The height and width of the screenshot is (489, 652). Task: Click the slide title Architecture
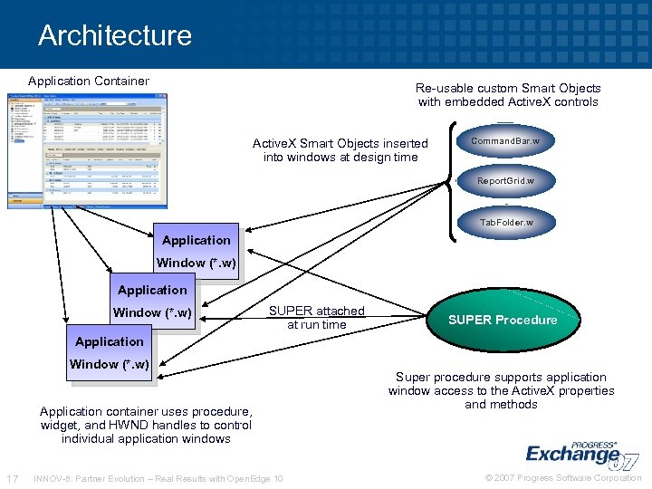115,35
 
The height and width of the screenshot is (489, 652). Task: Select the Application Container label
89,81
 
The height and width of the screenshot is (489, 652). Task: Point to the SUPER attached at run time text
316,318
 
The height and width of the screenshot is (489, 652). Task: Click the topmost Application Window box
196,251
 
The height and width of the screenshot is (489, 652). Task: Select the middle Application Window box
152,301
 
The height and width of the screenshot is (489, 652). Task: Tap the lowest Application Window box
109,352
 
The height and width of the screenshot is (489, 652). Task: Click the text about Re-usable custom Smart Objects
508,95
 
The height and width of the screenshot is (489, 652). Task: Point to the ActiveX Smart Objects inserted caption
340,150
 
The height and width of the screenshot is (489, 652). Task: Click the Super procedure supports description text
501,390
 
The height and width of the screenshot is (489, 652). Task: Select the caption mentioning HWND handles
146,425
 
